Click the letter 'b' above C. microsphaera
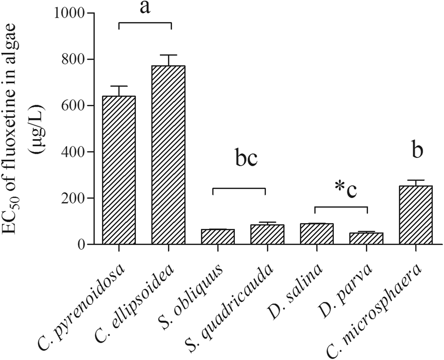pyautogui.click(x=416, y=151)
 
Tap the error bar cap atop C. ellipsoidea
pyautogui.click(x=168, y=55)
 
